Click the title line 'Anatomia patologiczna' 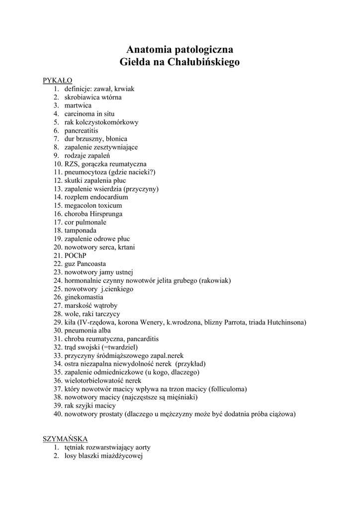pos(180,50)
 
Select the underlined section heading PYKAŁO pos(58,81)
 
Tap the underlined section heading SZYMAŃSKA pos(65,438)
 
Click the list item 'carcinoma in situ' pos(89,114)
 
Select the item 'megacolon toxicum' pos(93,205)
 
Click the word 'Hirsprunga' pos(106,214)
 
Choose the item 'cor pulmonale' pos(85,222)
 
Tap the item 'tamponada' pos(80,231)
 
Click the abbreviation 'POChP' pos(75,255)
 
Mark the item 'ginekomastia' pos(84,297)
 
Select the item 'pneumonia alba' pos(88,331)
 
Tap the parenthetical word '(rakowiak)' pos(215,280)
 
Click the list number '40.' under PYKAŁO pos(58,414)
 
